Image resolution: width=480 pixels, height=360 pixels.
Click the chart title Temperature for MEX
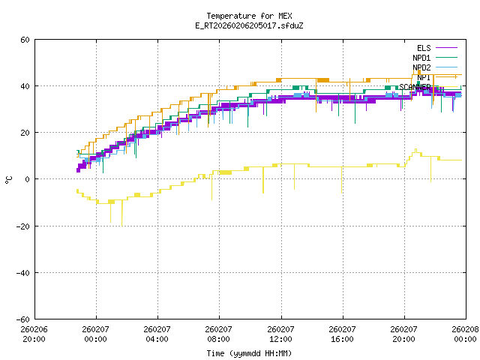(x=239, y=16)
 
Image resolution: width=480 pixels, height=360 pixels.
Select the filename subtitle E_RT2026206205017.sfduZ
(x=239, y=25)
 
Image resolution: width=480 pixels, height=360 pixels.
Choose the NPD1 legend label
(x=421, y=58)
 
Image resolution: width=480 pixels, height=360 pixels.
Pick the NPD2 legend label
(x=421, y=67)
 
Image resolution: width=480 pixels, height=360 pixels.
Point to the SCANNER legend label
(x=415, y=87)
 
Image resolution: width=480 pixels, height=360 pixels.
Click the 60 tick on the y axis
(x=25, y=40)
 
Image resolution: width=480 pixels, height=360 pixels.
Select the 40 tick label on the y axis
(x=25, y=86)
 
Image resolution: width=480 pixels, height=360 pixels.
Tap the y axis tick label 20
(x=25, y=133)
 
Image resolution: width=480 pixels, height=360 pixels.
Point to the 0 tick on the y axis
(x=28, y=179)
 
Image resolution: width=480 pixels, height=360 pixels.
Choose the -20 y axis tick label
(x=23, y=226)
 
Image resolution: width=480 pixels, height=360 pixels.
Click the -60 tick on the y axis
(x=23, y=319)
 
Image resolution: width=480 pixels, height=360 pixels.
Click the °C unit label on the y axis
(x=9, y=179)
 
